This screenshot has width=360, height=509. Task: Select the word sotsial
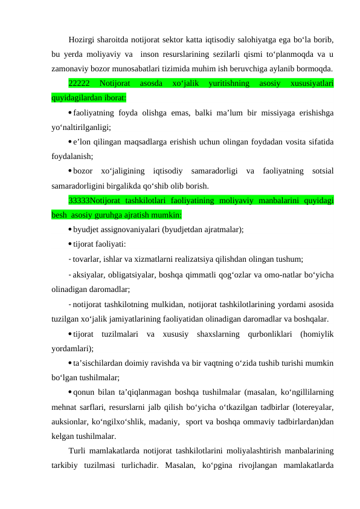320,171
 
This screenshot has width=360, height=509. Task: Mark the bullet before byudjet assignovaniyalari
71,230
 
